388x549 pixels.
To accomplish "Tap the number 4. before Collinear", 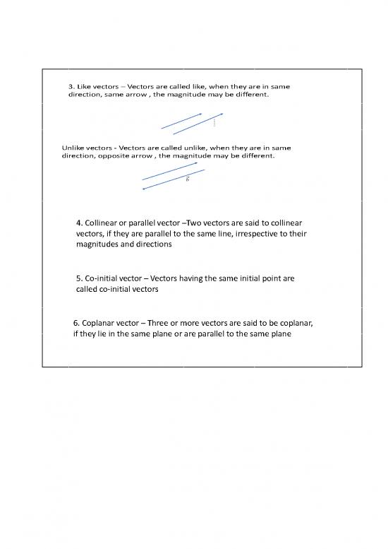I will [x=78, y=224].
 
